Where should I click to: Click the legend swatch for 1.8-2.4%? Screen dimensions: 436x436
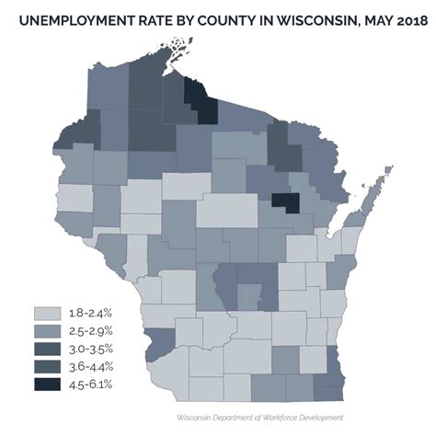tap(48, 315)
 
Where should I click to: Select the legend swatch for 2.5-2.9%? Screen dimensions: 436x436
tap(48, 332)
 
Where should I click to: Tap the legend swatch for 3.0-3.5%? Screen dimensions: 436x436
tap(48, 350)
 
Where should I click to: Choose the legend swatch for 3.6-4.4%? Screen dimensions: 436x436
tap(48, 367)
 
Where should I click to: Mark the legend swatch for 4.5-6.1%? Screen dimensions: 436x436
tap(48, 384)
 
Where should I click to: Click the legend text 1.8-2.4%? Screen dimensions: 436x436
tap(90, 315)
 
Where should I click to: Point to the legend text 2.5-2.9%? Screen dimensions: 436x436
tap(90, 332)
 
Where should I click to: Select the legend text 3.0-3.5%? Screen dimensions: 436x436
tap(90, 350)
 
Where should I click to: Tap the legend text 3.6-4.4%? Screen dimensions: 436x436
tap(90, 367)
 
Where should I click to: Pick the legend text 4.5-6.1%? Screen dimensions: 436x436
tap(90, 384)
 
